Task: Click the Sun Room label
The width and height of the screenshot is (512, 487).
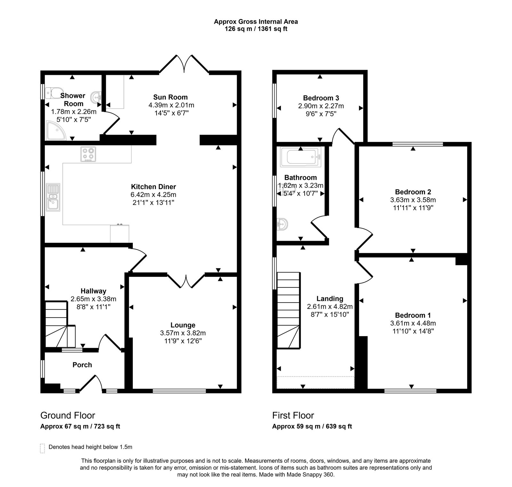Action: point(170,97)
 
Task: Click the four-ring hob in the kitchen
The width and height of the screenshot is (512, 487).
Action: point(88,154)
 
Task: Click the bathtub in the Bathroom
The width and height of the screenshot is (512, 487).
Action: point(300,157)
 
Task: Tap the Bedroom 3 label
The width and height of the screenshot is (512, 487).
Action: point(321,98)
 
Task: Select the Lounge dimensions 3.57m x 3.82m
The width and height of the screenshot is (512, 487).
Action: point(183,333)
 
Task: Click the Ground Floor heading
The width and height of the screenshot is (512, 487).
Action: point(68,415)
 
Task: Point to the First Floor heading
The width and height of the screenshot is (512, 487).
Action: point(293,415)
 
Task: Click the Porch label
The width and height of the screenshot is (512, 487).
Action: point(82,365)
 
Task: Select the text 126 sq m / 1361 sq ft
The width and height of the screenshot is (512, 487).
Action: point(256,29)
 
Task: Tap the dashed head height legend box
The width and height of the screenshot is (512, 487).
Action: point(42,448)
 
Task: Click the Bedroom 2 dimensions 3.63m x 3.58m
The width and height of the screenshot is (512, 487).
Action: point(413,200)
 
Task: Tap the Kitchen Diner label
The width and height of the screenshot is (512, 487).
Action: point(153,187)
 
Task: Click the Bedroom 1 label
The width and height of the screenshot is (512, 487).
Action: point(413,315)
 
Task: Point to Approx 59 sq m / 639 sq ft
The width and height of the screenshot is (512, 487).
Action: point(312,426)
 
